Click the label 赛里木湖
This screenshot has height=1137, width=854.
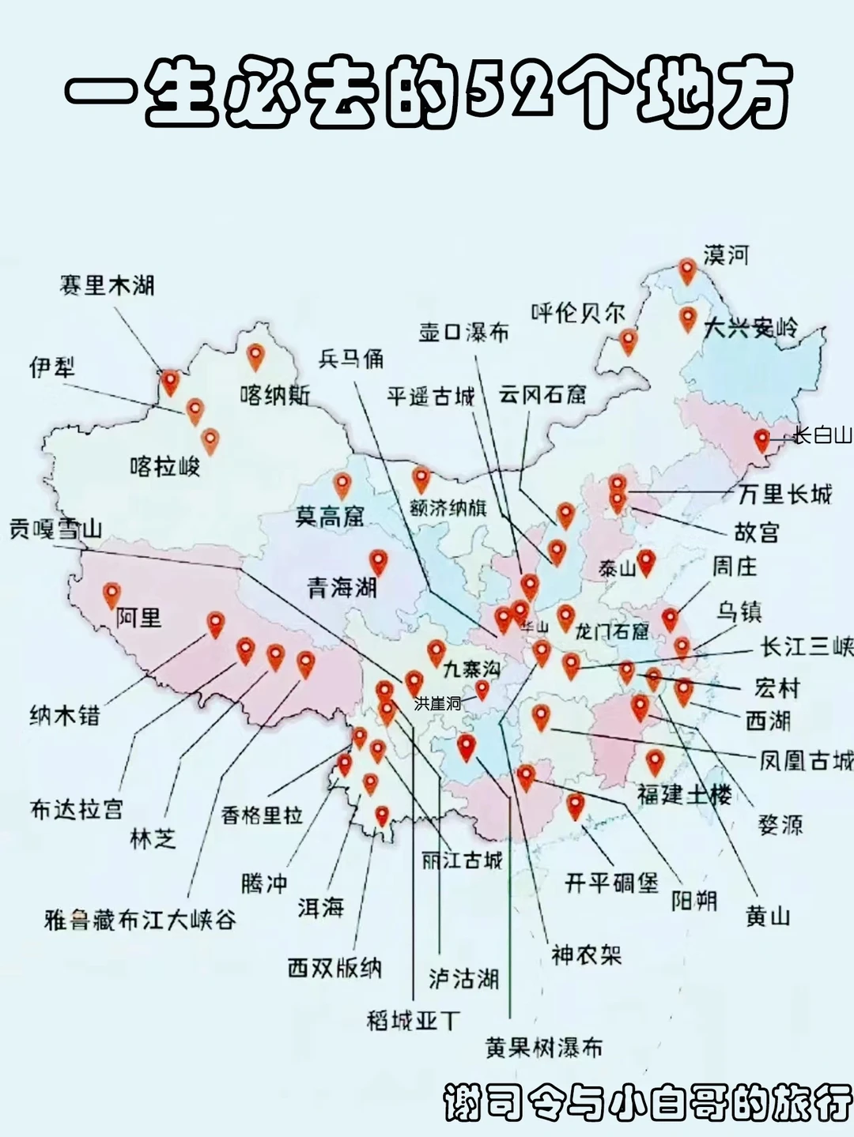pos(108,285)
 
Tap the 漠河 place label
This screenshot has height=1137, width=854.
pos(726,255)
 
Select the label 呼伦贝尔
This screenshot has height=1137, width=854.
pos(578,313)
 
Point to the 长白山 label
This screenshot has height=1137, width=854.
pos(822,435)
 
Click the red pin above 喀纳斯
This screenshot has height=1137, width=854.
pos(255,356)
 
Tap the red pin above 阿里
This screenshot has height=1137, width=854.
pos(111,594)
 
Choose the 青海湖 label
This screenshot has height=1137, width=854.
pos(342,587)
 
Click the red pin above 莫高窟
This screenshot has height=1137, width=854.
pos(342,484)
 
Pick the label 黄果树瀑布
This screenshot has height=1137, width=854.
pos(544,1048)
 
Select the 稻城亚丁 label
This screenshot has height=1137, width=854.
pos(413,1020)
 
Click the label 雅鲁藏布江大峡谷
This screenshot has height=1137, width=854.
pos(141,920)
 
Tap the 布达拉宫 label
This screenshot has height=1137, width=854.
pos(77,809)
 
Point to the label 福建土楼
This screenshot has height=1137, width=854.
pos(684,793)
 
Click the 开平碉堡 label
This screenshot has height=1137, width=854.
pos(611,883)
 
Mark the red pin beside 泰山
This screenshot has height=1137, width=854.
pos(647,562)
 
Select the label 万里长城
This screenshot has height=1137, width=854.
pos(784,495)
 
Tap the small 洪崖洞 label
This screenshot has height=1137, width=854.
pos(437,702)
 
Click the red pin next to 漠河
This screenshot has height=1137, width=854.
pos(687,271)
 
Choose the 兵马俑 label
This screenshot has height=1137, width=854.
pos(351,359)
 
